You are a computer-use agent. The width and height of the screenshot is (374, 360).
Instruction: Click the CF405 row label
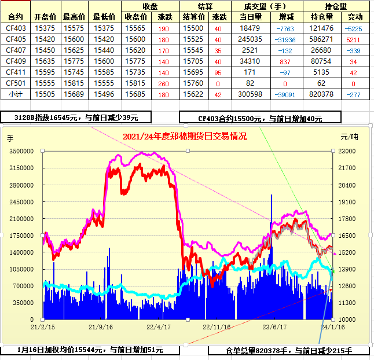click(16, 39)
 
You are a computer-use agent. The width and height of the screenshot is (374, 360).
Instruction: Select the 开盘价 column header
click(45, 18)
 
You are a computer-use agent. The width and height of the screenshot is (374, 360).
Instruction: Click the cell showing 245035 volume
click(250, 39)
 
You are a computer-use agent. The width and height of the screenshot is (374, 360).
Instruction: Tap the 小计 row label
click(16, 94)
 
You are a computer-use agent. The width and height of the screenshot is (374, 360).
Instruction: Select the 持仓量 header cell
click(336, 7)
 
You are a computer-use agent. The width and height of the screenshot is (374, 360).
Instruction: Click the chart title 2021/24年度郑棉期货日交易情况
click(185, 137)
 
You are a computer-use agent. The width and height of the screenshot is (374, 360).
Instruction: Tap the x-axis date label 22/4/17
click(157, 327)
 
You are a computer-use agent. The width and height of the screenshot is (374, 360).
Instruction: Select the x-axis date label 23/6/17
click(275, 327)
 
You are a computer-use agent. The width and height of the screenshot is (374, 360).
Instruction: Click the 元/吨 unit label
click(349, 138)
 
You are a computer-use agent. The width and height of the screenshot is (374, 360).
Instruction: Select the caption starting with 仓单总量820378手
click(288, 351)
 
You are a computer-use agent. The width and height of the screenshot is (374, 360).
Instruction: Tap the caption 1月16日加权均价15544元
click(91, 350)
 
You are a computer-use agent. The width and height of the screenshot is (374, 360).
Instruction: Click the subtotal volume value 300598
click(250, 94)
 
